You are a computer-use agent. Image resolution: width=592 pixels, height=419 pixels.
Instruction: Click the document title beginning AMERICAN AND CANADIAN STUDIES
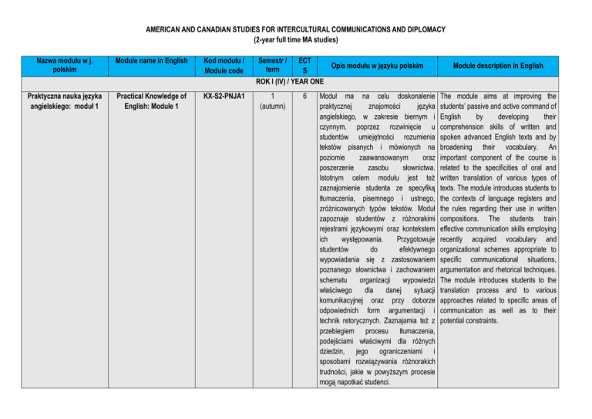pos(296,29)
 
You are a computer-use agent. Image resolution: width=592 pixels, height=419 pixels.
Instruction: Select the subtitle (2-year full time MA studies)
pos(296,39)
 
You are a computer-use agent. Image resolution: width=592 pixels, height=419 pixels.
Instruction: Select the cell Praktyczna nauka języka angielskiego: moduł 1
pos(54,101)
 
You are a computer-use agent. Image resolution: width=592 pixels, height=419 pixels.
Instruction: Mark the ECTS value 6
pos(306,96)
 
